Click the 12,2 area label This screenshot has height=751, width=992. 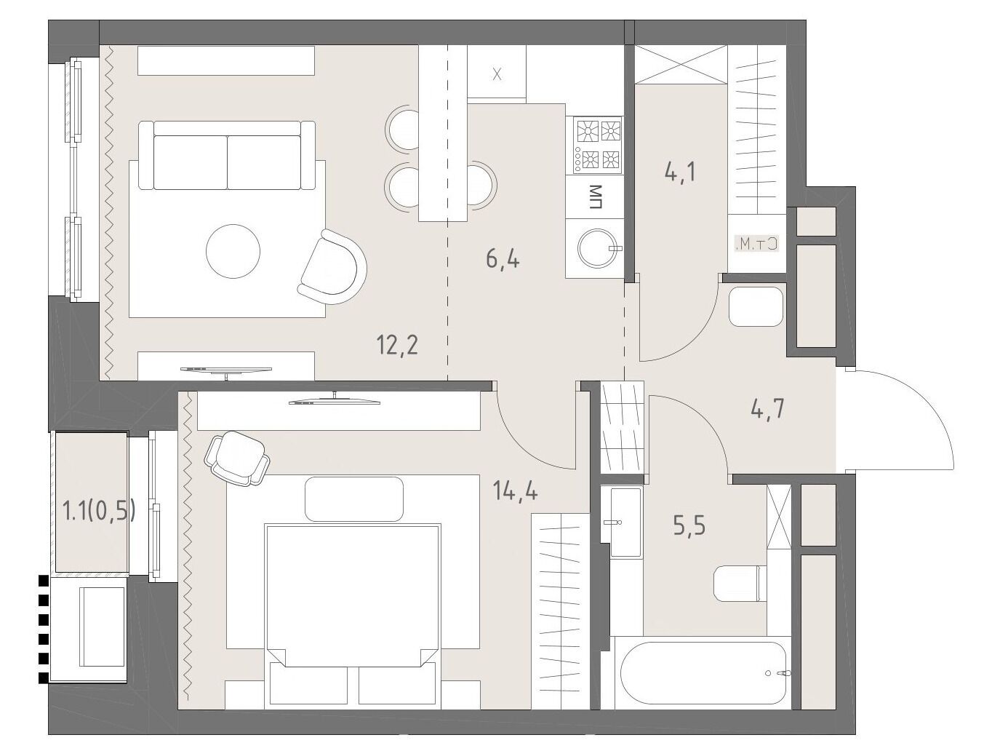point(397,346)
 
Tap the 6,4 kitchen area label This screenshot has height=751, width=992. point(503,259)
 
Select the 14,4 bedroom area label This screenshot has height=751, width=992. point(515,490)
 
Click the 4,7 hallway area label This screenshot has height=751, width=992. point(767,409)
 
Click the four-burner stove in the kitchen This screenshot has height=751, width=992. point(598,145)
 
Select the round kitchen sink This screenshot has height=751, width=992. point(597,247)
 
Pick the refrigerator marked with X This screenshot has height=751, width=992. point(497,72)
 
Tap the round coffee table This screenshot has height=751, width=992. point(233,251)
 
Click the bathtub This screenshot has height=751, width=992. point(703,673)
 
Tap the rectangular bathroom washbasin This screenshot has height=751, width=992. point(625,522)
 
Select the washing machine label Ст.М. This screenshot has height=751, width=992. point(756,245)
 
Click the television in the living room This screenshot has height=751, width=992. point(226,370)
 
